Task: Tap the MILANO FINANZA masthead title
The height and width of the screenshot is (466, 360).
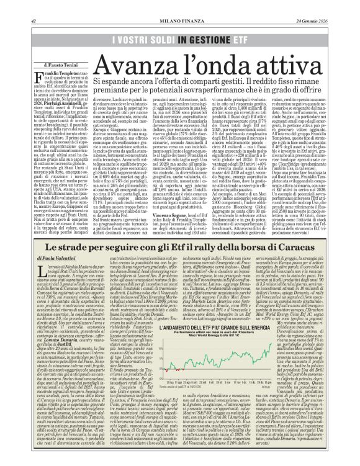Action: point(180,5)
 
